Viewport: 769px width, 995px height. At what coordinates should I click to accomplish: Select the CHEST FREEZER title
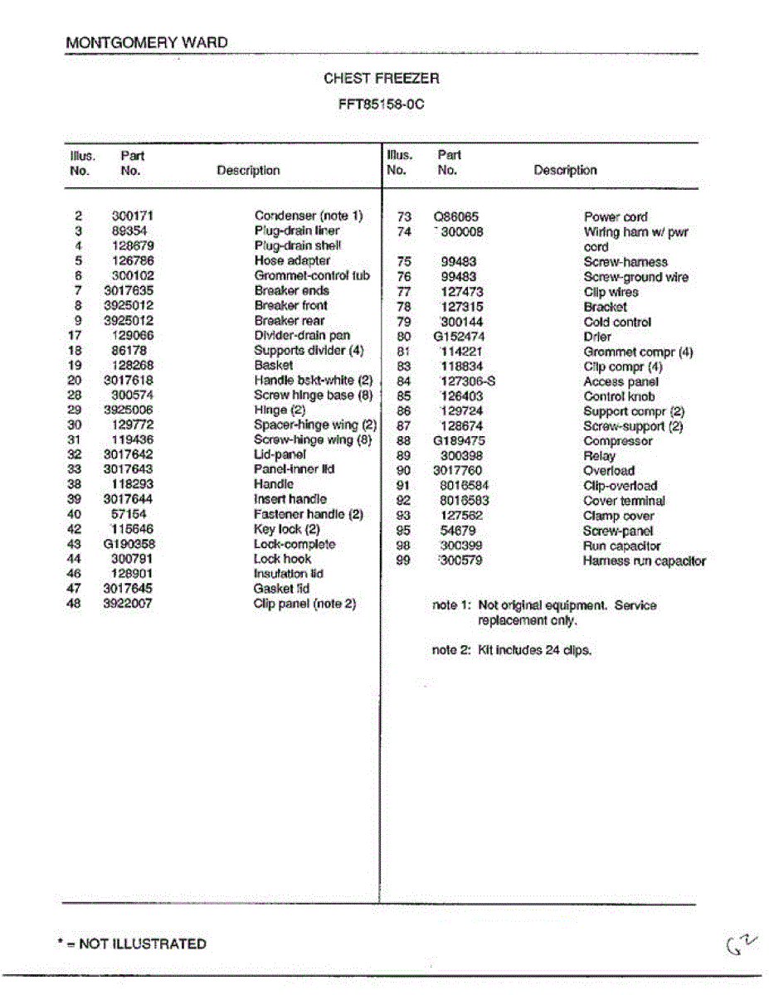381,79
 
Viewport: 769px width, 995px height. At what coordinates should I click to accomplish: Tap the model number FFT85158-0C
381,105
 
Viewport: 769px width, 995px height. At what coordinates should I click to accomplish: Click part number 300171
133,216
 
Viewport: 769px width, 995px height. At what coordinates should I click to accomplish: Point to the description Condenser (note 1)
309,216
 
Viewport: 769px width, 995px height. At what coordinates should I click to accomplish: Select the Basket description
273,365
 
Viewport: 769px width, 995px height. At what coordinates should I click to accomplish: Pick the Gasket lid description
281,589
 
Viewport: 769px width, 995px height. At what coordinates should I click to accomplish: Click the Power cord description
616,217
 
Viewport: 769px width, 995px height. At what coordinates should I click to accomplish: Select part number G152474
459,337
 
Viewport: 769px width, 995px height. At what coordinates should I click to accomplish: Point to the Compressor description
617,441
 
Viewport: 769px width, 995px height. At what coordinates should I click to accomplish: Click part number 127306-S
467,381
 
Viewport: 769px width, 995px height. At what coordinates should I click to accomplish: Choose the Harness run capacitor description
644,561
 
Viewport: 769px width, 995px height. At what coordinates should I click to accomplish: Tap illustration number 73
404,217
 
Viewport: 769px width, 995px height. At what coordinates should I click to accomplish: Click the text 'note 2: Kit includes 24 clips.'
512,651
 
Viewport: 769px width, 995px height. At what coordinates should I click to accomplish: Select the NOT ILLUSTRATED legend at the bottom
133,944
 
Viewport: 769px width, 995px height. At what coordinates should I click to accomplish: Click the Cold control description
617,322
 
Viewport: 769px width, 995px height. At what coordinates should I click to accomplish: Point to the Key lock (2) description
286,529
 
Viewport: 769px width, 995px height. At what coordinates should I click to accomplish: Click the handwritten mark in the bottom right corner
742,944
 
